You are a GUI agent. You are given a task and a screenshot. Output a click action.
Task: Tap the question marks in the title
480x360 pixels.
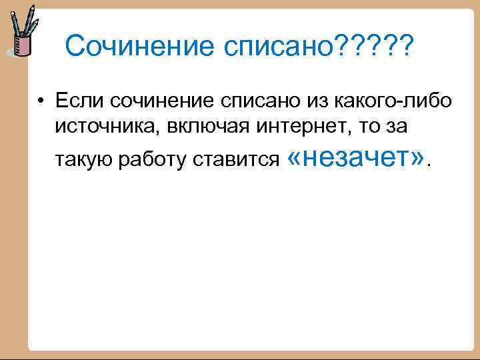[x=375, y=47]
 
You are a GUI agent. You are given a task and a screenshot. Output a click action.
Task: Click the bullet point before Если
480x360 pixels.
[x=42, y=101]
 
